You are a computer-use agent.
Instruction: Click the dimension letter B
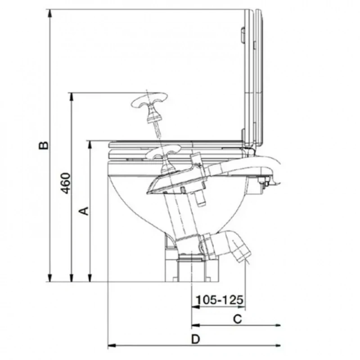click(44, 145)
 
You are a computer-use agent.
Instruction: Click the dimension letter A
click(84, 211)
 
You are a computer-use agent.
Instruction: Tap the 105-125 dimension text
click(219, 300)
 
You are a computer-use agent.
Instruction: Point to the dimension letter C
click(238, 319)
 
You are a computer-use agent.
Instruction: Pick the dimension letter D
click(196, 339)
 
